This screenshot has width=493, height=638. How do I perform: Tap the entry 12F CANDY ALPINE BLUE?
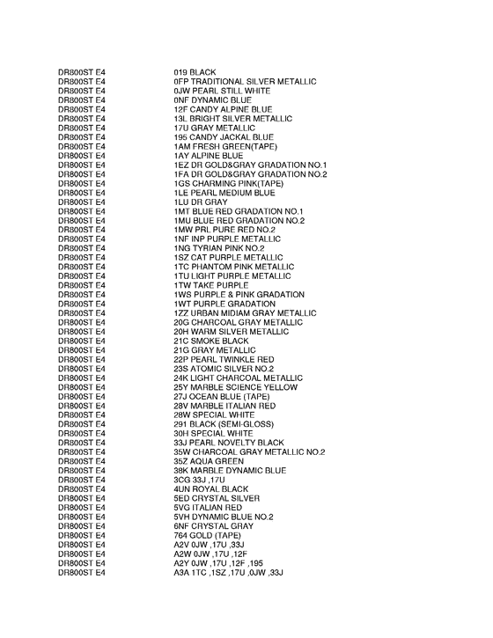tap(225, 109)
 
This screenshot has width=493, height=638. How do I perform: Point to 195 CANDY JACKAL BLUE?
tap(224, 137)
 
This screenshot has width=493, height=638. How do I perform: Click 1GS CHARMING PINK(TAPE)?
tap(229, 183)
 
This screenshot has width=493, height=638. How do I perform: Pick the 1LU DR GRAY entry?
tap(201, 202)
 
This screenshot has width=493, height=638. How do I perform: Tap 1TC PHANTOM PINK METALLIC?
tap(233, 267)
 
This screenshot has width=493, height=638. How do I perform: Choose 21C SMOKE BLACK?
tap(211, 341)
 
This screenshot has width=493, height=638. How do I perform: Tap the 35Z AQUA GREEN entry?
tap(209, 461)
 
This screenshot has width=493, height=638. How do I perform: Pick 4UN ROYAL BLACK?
tap(211, 488)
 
